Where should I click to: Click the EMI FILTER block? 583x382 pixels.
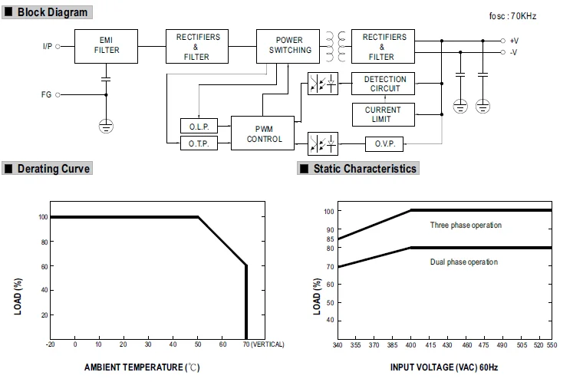click(107, 45)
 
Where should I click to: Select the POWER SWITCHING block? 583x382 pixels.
click(290, 45)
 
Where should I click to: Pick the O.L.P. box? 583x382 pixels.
click(199, 127)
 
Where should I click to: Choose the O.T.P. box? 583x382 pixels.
click(199, 143)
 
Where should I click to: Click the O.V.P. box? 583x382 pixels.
click(383, 143)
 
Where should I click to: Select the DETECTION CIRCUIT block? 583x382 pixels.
click(382, 84)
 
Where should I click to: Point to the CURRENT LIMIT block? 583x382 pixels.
click(382, 114)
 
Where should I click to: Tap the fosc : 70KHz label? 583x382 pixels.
click(512, 16)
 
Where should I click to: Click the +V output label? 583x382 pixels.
click(513, 40)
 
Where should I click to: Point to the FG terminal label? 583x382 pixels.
click(47, 95)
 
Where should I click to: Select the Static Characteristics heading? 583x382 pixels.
click(364, 169)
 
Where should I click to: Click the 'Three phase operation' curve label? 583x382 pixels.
click(466, 226)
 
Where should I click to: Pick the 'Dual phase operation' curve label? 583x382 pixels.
click(463, 262)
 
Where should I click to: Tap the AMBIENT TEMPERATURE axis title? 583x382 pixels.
click(142, 367)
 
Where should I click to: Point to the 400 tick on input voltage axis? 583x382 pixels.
click(411, 346)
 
